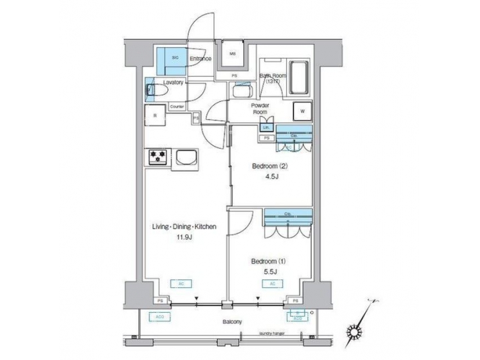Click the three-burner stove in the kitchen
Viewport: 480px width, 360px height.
[x=158, y=157]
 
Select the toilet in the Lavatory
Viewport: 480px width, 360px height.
[x=153, y=89]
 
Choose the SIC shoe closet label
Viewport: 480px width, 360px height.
[x=175, y=58]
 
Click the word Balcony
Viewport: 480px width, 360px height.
[x=233, y=321]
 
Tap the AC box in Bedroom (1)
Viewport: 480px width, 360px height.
[x=272, y=283]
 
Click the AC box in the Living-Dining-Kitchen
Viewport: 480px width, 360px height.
[x=181, y=283]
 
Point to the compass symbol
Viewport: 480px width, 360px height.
[x=354, y=328]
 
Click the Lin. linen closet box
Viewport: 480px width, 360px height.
[x=266, y=127]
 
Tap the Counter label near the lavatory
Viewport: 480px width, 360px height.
[x=177, y=107]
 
